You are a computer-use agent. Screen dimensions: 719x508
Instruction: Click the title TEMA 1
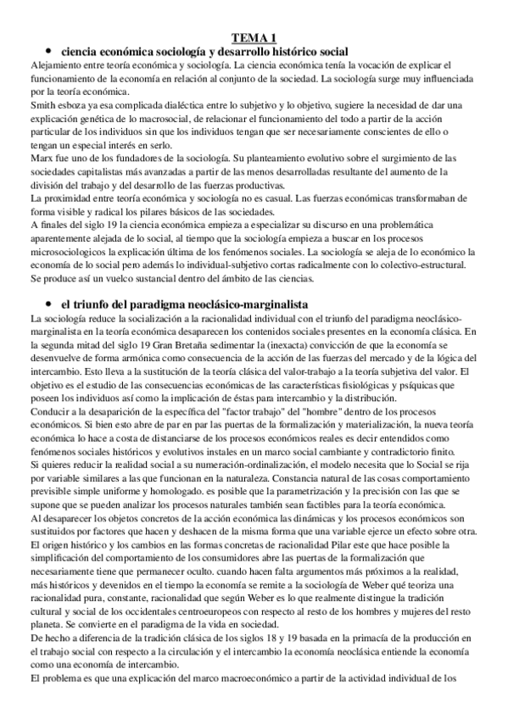pyautogui.click(x=254, y=37)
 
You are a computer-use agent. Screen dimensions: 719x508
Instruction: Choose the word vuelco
pyautogui.click(x=119, y=279)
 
